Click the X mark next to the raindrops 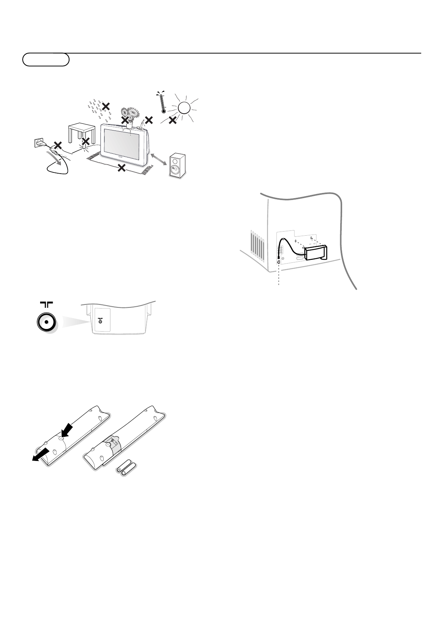click(106, 106)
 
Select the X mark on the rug click(121, 168)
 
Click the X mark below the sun click(172, 120)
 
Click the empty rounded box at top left click(46, 59)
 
